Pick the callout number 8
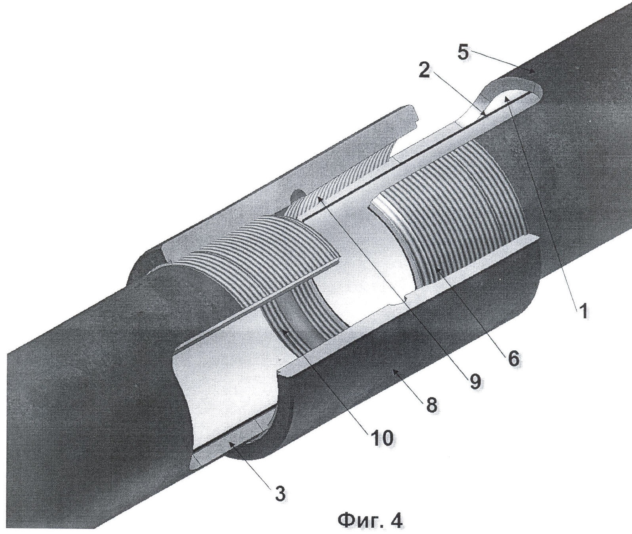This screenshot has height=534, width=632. (x=432, y=404)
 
